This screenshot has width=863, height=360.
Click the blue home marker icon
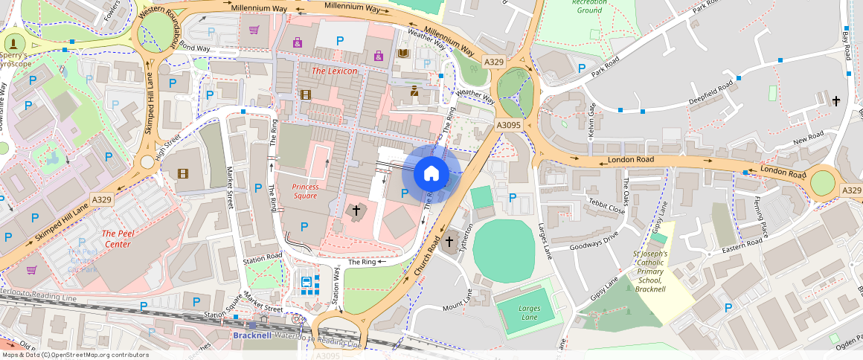tap(431, 174)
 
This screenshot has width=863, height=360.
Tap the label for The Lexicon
tap(334, 71)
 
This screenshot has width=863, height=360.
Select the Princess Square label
tap(305, 191)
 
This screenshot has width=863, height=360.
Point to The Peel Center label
tap(117, 239)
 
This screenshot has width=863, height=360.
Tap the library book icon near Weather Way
tap(403, 54)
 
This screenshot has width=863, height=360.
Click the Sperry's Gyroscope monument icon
tap(14, 42)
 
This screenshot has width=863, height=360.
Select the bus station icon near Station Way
tap(306, 282)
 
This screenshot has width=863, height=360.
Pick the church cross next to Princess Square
tap(356, 211)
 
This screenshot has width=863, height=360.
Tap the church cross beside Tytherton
tap(449, 242)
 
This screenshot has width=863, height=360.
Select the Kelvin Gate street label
tap(592, 119)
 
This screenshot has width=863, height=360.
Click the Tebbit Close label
tap(606, 206)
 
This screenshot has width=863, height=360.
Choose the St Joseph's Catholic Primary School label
tap(650, 271)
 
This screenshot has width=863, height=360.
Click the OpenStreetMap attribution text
tap(74, 355)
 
